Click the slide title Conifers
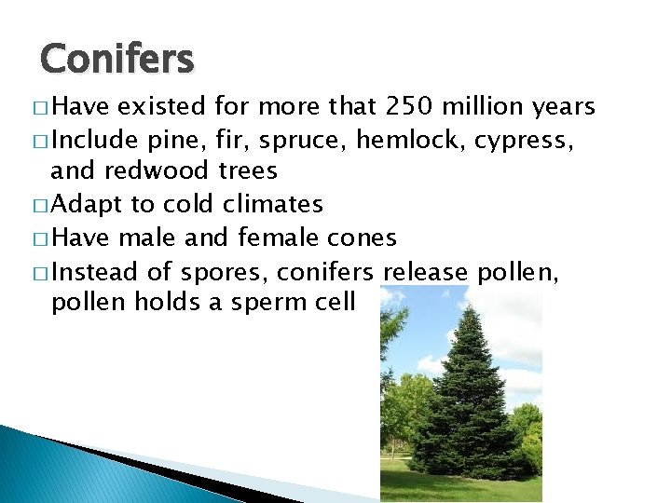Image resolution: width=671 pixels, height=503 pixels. (x=117, y=60)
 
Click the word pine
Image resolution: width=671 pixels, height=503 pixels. (x=171, y=142)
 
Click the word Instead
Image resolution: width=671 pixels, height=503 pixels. (x=93, y=272)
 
